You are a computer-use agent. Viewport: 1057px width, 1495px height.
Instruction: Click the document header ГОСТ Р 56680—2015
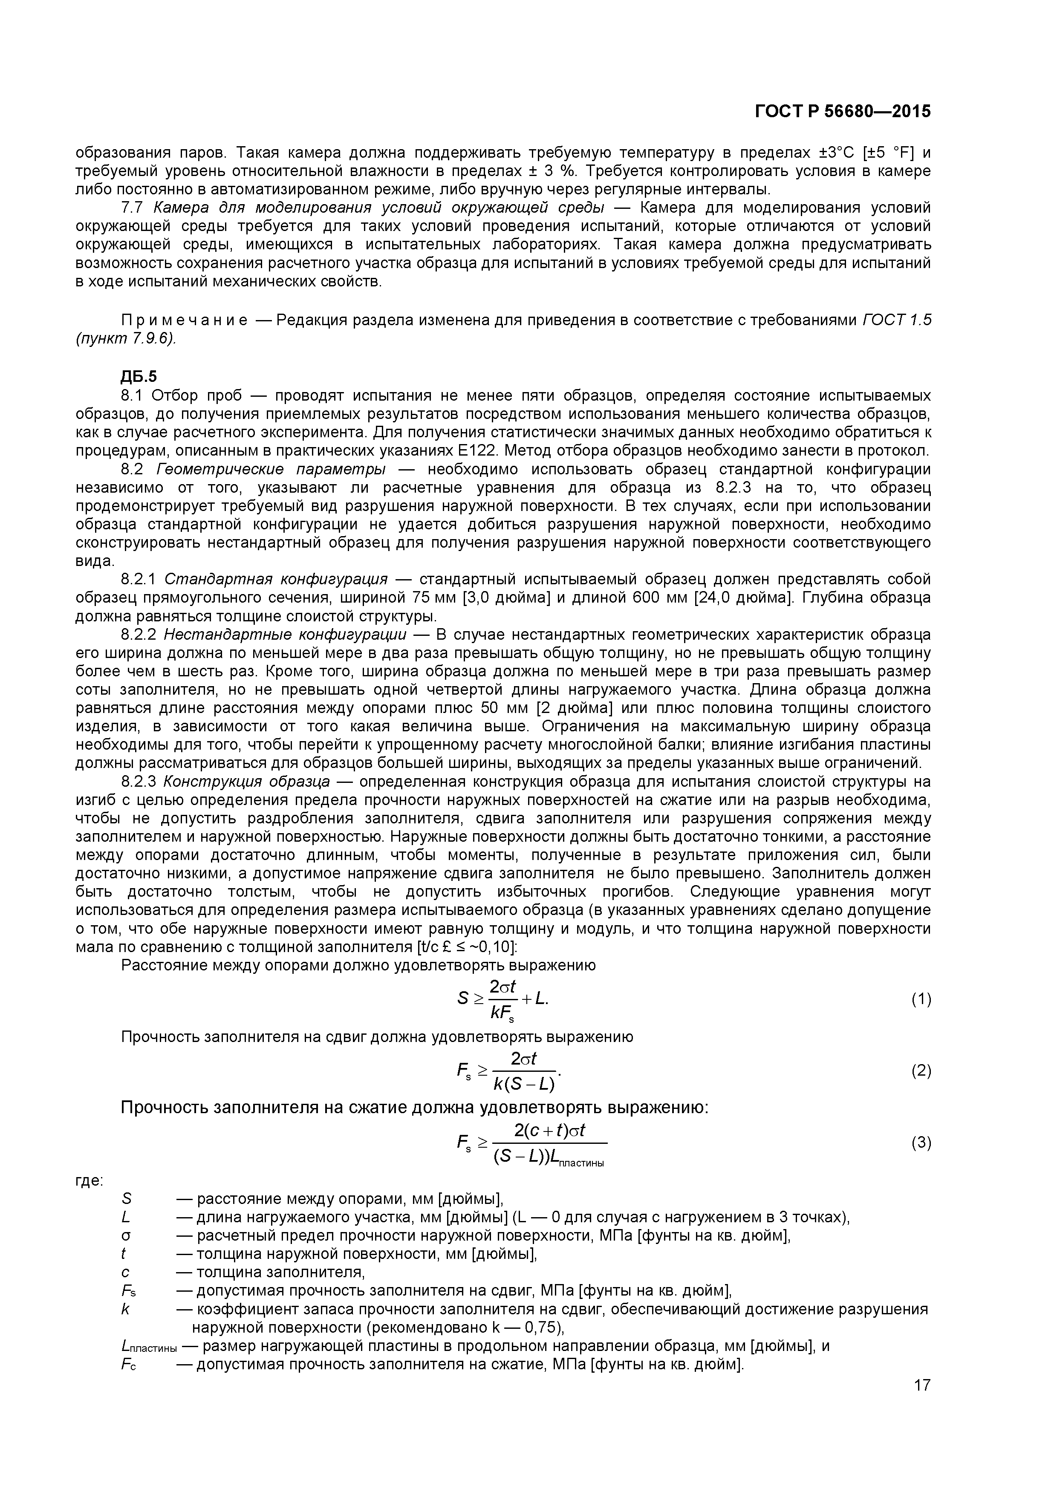click(x=842, y=111)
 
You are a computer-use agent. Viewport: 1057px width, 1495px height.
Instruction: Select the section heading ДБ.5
click(x=139, y=376)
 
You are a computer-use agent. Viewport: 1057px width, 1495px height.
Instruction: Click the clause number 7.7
click(x=132, y=208)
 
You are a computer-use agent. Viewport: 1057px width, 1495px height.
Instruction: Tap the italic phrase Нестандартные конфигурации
click(x=285, y=634)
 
